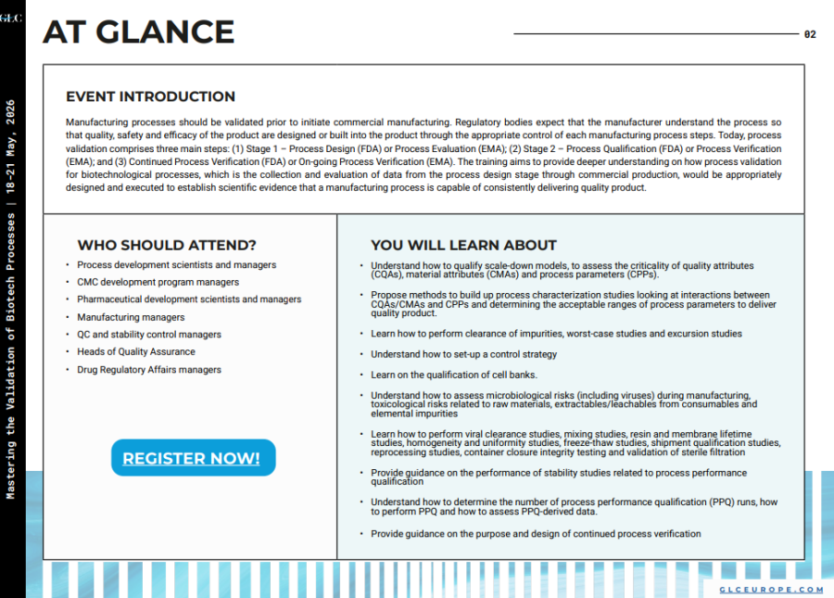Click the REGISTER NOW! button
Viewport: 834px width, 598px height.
[x=192, y=458]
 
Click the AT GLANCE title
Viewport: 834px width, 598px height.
[x=138, y=32]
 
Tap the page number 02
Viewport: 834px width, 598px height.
[x=810, y=34]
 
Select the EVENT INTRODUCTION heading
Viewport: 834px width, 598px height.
[x=150, y=96]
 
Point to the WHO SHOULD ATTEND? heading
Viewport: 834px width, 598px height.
[x=167, y=246]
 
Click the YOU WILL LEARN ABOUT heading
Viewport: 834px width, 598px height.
[x=463, y=246]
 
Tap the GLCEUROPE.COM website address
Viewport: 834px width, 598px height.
[x=771, y=590]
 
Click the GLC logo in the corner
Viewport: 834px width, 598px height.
[x=10, y=18]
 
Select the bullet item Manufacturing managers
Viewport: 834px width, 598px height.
[x=131, y=317]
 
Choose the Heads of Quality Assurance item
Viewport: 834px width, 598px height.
[x=136, y=351]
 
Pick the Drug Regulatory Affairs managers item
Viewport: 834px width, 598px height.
[x=149, y=369]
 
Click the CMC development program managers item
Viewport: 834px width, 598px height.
[x=158, y=282]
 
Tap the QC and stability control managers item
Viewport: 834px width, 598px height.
[x=149, y=335]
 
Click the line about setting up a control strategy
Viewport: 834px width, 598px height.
[x=463, y=354]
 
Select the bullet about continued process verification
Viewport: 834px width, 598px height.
[x=536, y=534]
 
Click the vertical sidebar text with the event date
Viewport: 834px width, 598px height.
[x=11, y=297]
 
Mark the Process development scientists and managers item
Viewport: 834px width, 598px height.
[x=176, y=265]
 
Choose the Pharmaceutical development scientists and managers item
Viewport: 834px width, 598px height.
[x=189, y=299]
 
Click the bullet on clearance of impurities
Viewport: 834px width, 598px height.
[x=556, y=334]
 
